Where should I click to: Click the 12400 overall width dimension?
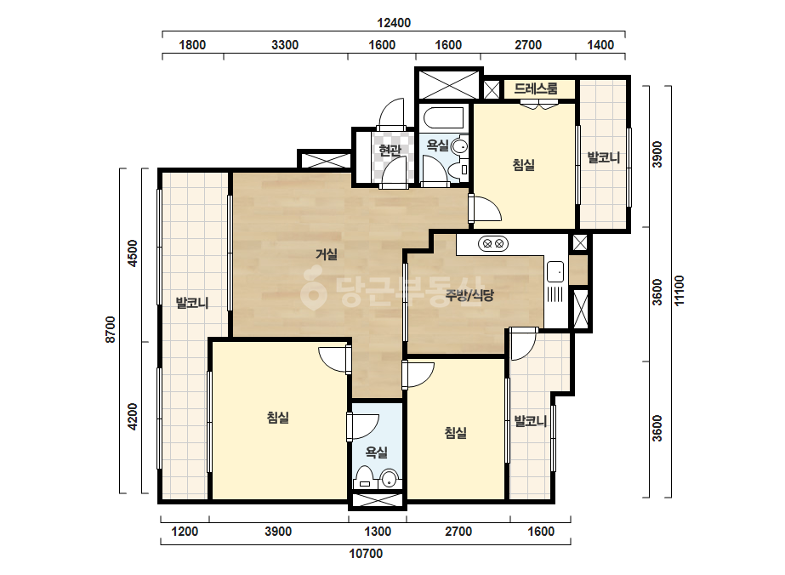coord(394,23)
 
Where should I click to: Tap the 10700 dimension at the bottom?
coord(366,554)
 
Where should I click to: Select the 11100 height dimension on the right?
coord(679,291)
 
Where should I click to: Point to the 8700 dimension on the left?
coord(111,329)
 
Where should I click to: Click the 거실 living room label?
coord(327,254)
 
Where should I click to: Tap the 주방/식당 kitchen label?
coord(469,295)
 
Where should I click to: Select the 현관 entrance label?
coord(390,150)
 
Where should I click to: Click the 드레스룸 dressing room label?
coord(536,88)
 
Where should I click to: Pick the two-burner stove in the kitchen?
coord(493,244)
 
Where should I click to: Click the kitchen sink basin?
coord(555,271)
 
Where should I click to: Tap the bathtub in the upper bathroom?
coord(444,118)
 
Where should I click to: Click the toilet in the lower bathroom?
coord(365,478)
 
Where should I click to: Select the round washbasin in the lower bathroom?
coord(389,480)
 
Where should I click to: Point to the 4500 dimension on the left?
coord(132,253)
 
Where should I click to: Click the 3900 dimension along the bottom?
coord(278,532)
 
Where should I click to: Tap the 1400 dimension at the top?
coord(600,45)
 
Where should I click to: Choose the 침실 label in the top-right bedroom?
coord(524,165)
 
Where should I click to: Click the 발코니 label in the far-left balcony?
coord(191,303)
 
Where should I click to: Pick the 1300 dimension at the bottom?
coord(378,532)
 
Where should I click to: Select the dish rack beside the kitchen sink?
coord(555,294)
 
